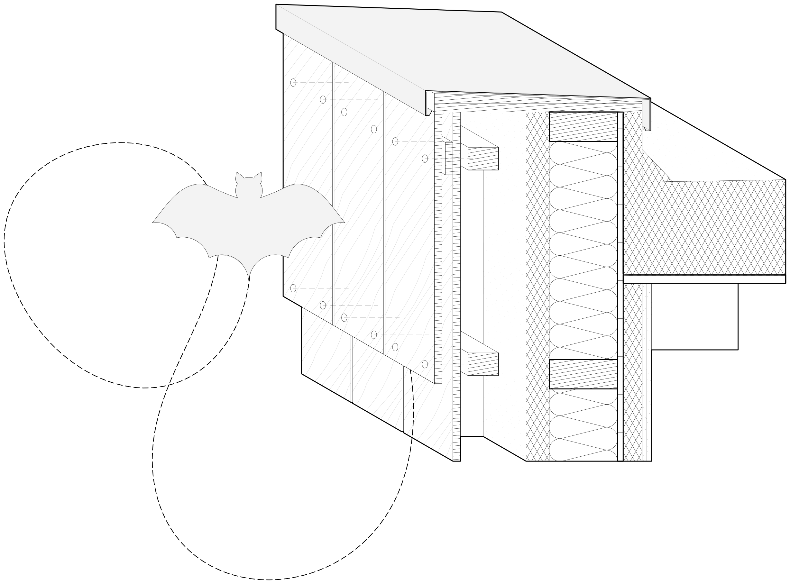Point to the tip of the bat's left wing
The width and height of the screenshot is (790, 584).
[x=153, y=222]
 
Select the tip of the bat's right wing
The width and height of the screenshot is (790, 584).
[x=344, y=222]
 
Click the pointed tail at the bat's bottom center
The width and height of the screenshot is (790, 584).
[x=249, y=279]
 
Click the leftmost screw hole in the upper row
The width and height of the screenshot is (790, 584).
[x=293, y=82]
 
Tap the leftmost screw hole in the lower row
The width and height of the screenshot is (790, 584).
[x=293, y=288]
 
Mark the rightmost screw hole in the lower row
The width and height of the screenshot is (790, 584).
[x=425, y=364]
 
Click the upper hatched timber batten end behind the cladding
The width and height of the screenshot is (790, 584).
[x=483, y=158]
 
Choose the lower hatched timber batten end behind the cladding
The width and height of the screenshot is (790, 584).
[x=483, y=364]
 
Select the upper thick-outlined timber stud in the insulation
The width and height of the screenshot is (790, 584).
[x=583, y=127]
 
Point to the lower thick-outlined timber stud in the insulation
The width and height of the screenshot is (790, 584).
[x=583, y=374]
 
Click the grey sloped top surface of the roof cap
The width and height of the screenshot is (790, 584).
[x=460, y=53]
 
